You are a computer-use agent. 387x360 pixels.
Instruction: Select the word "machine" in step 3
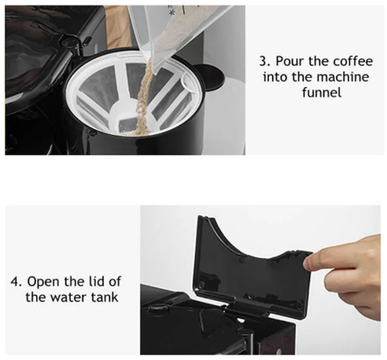343,77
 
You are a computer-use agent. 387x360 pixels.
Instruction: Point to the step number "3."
265,62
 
